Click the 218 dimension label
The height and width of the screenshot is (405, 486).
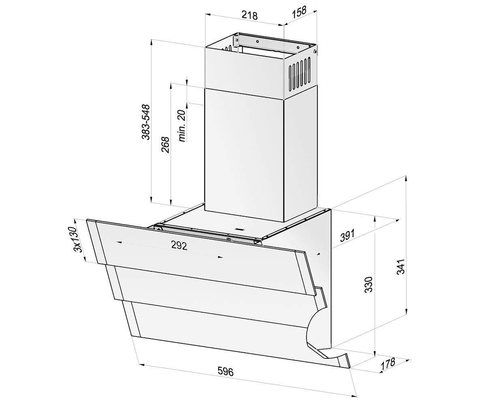249,16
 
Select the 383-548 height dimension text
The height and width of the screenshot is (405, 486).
146,122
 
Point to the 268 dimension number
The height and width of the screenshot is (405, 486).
165,145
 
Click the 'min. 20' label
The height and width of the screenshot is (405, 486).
182,126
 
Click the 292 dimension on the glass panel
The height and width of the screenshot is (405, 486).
179,245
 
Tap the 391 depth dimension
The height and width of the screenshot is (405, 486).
347,236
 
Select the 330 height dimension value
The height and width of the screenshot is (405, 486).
369,284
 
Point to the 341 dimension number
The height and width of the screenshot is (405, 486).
401,267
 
